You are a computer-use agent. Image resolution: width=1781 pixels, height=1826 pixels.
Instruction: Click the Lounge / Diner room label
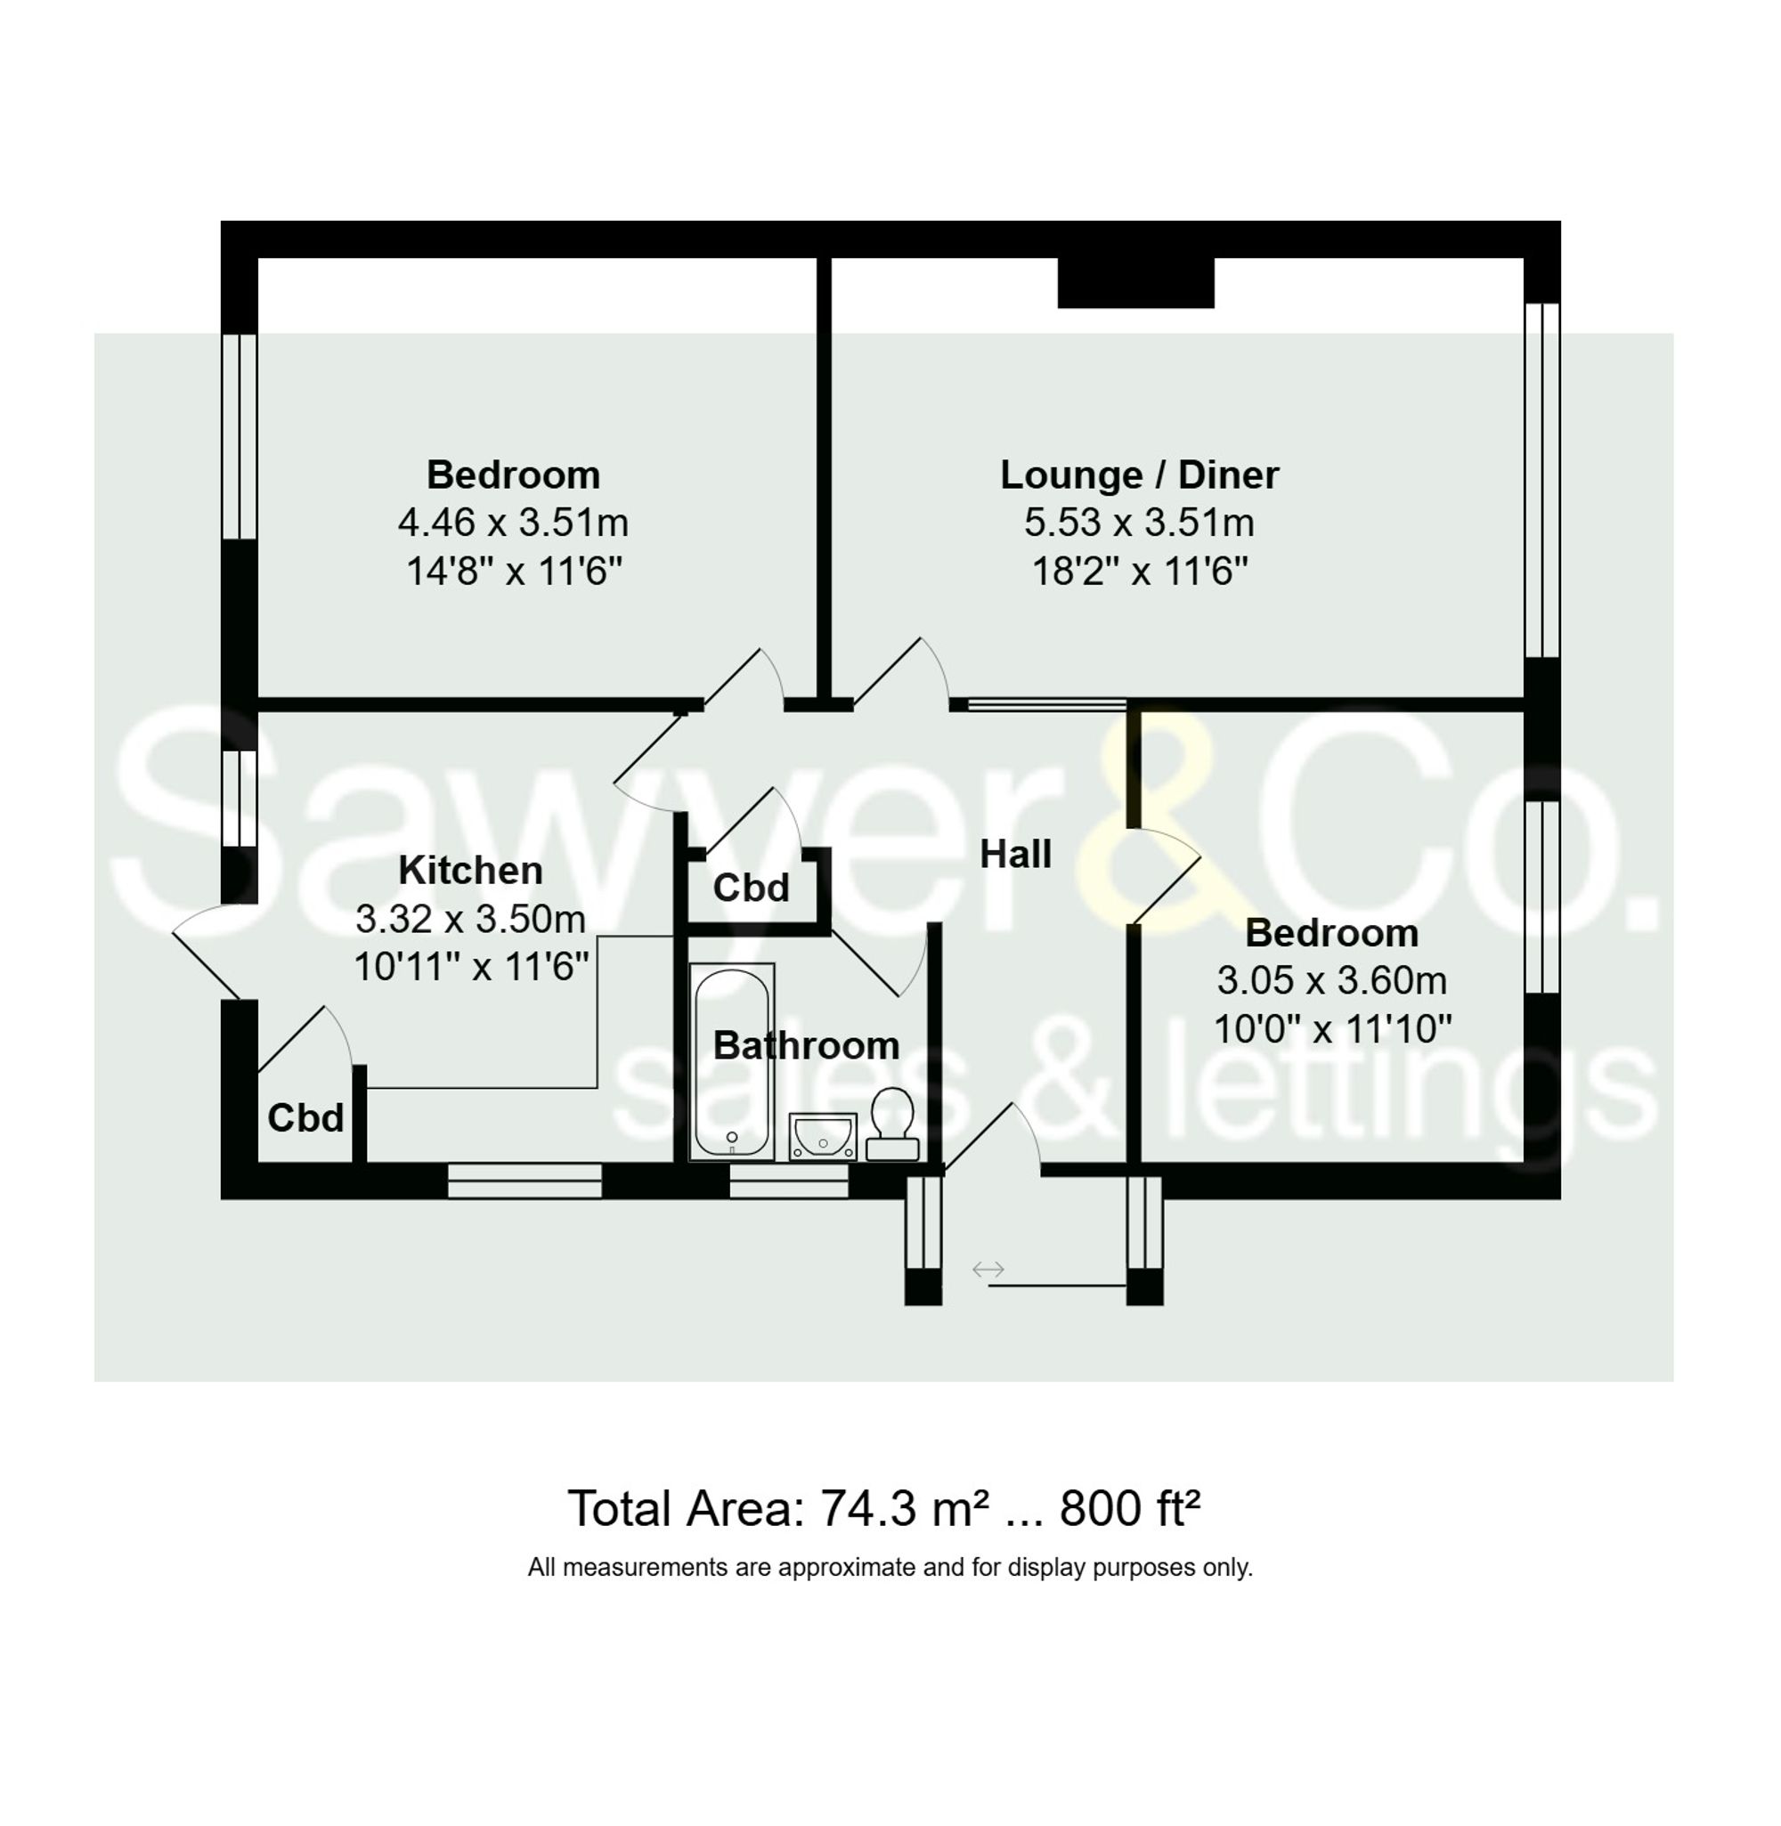(x=1138, y=475)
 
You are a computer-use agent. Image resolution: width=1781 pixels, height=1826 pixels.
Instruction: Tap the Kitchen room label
(x=470, y=871)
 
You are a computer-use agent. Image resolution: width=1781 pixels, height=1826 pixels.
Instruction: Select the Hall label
(x=1015, y=854)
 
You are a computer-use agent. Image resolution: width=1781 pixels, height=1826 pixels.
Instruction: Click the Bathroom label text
(x=805, y=1045)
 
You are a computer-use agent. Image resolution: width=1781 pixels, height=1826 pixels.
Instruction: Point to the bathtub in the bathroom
(x=731, y=1061)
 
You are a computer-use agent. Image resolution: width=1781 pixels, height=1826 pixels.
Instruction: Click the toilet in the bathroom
(x=891, y=1124)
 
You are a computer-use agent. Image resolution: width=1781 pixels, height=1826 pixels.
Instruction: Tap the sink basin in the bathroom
(x=822, y=1136)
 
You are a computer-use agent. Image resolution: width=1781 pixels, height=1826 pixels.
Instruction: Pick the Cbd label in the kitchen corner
(x=305, y=1117)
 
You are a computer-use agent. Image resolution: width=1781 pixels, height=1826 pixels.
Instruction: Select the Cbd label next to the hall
(x=751, y=888)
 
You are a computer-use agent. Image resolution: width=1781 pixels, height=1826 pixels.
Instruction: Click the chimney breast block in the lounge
(x=1134, y=282)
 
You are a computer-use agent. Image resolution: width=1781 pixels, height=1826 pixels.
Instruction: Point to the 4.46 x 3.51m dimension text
(x=513, y=523)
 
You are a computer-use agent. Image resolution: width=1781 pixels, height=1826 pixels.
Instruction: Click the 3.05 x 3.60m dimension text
(x=1331, y=981)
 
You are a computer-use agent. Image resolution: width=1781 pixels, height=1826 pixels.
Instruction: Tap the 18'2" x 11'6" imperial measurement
(x=1139, y=571)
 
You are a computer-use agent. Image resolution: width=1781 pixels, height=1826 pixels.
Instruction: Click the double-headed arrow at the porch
(x=988, y=1269)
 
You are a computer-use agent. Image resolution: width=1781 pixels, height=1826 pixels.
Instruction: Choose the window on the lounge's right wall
(x=1541, y=480)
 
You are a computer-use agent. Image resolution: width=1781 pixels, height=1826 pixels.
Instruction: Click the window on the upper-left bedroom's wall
(x=240, y=436)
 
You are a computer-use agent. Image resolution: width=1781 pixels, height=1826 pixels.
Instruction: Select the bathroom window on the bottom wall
(x=789, y=1181)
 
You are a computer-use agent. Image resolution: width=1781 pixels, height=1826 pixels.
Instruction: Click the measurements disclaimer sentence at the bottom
(x=890, y=1568)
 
